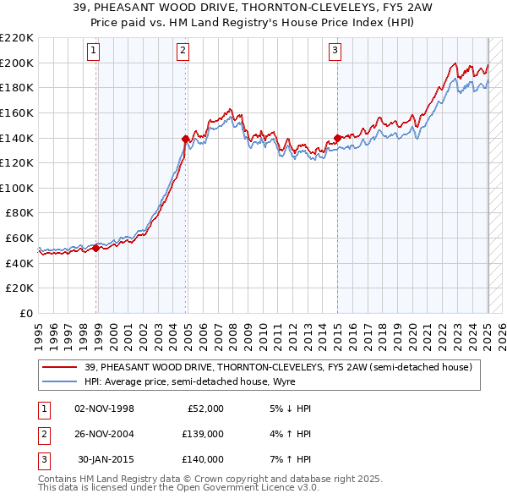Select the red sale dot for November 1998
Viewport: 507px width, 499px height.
tap(95, 248)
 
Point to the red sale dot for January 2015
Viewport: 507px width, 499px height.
tap(337, 138)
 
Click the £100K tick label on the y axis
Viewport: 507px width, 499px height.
tap(17, 188)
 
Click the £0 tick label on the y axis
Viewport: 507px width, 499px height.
tap(26, 313)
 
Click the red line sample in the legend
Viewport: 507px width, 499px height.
tap(59, 366)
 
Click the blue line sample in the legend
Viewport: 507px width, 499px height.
tap(59, 381)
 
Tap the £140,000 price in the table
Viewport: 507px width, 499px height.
tap(202, 459)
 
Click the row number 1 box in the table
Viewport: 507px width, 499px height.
tap(41, 409)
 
